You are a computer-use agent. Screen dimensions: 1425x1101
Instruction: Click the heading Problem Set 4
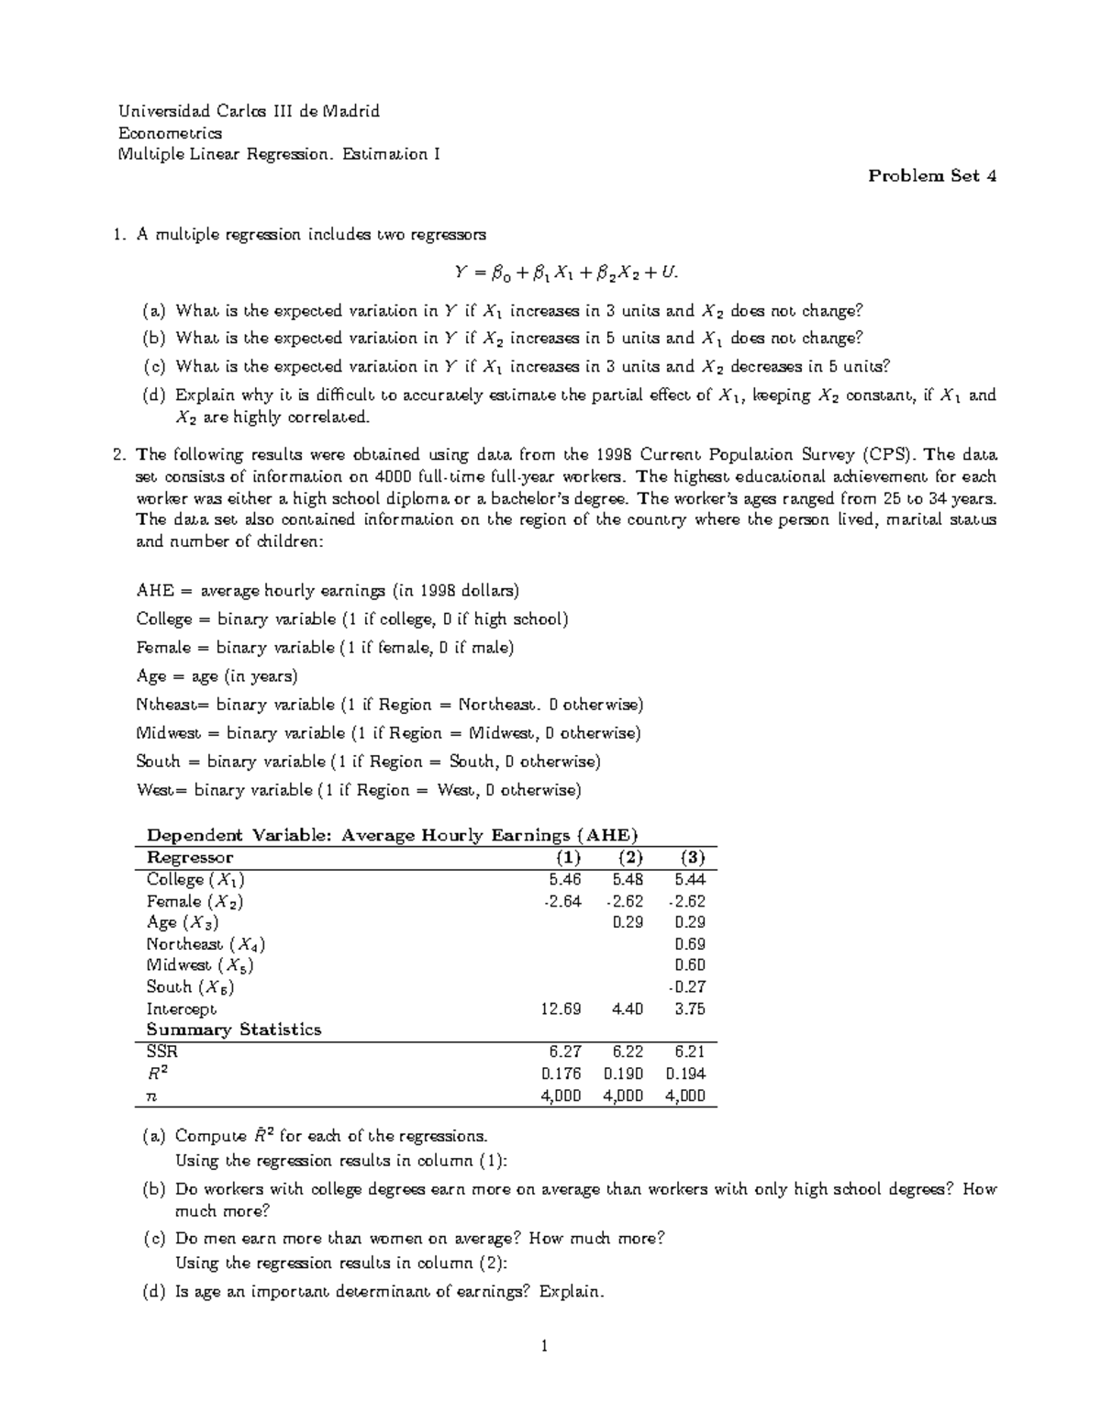[x=932, y=176]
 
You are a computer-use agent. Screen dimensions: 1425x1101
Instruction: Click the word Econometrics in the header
[x=170, y=133]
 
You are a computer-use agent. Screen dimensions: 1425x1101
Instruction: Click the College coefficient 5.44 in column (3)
[x=689, y=879]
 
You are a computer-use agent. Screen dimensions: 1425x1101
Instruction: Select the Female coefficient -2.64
[x=562, y=901]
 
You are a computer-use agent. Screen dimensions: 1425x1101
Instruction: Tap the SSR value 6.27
[x=565, y=1052]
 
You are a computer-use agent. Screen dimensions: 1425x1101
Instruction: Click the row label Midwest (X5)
[x=199, y=965]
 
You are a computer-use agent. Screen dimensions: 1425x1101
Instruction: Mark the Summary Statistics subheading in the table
[x=234, y=1030]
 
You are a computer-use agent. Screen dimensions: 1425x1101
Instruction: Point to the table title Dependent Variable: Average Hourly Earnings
[x=392, y=835]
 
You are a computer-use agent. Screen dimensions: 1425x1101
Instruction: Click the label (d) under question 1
[x=155, y=395]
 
